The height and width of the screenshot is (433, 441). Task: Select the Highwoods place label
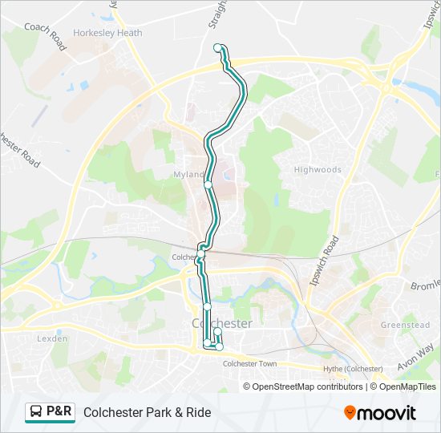click(318, 170)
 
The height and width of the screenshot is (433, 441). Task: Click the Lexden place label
click(53, 339)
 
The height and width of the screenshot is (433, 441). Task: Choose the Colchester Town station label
click(249, 364)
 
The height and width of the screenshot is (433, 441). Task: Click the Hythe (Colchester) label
click(352, 368)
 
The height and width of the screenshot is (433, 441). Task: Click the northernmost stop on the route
click(217, 48)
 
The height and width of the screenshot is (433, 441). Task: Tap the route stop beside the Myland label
click(208, 184)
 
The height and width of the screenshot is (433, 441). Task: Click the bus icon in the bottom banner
click(36, 412)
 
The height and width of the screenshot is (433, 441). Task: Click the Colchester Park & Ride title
click(147, 412)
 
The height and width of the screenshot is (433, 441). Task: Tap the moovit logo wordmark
click(386, 413)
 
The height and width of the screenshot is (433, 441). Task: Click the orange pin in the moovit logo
click(350, 413)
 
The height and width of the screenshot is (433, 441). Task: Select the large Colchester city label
click(222, 323)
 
